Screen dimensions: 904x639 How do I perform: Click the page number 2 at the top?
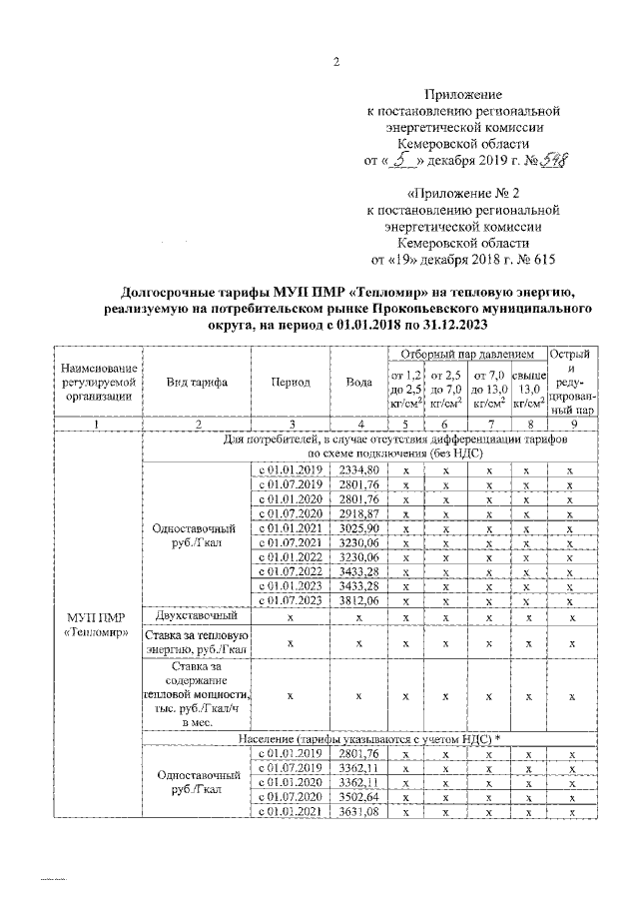tap(336, 62)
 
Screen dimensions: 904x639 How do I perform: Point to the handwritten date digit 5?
tap(399, 158)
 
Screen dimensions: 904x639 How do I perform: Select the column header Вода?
tap(359, 383)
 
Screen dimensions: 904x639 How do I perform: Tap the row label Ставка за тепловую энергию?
tap(197, 643)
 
